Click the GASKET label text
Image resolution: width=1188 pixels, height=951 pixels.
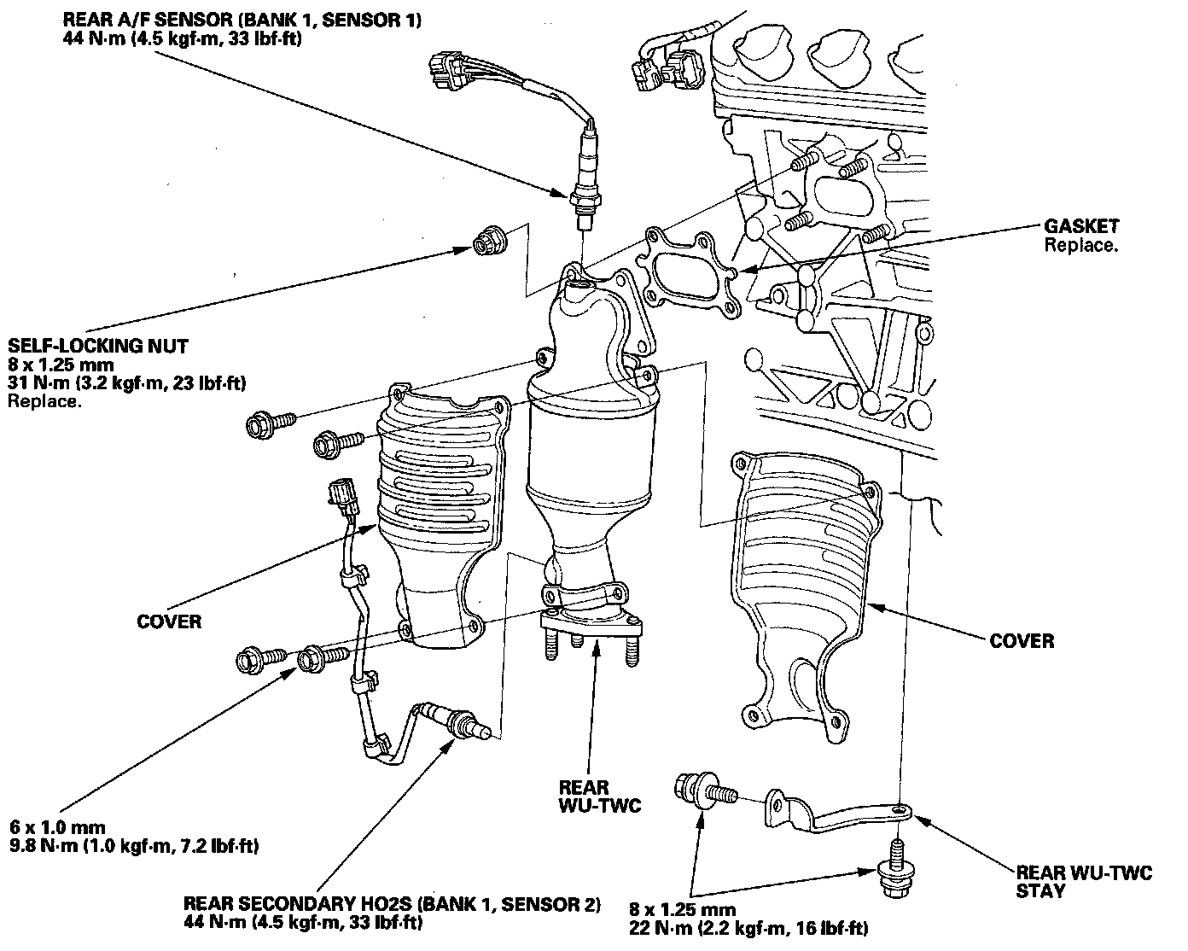pyautogui.click(x=1081, y=227)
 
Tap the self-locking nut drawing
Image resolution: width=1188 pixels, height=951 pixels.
pyautogui.click(x=488, y=242)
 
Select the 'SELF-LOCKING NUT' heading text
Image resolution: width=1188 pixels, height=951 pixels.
pyautogui.click(x=98, y=346)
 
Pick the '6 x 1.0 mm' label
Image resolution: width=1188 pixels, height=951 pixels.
pyautogui.click(x=58, y=827)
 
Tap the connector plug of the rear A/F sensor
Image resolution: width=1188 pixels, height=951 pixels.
pyautogui.click(x=450, y=70)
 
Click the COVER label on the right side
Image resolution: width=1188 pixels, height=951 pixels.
pyautogui.click(x=1022, y=640)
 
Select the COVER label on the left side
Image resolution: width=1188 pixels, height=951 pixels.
pyautogui.click(x=169, y=621)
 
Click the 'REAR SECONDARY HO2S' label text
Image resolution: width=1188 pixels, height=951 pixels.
pyautogui.click(x=392, y=904)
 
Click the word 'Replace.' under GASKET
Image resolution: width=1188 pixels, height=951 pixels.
pyautogui.click(x=1080, y=245)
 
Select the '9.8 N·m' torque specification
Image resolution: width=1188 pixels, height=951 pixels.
pyautogui.click(x=134, y=846)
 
